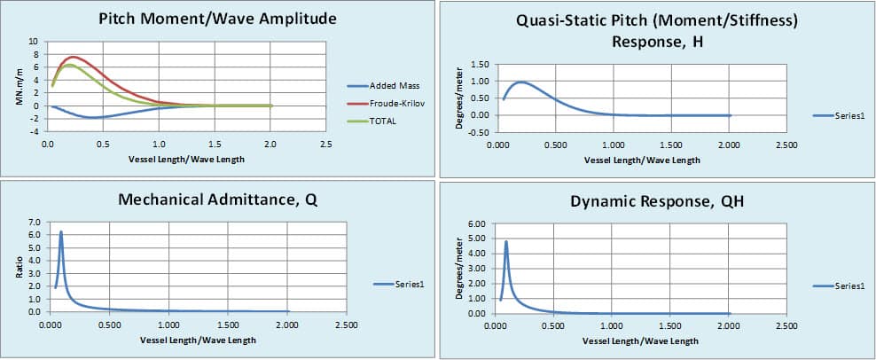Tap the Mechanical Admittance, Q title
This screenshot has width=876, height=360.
(x=218, y=200)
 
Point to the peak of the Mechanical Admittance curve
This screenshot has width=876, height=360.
(x=61, y=231)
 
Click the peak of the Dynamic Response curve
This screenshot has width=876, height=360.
(x=506, y=241)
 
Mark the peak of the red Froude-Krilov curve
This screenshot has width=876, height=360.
(x=73, y=57)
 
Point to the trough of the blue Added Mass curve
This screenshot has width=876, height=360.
(x=92, y=118)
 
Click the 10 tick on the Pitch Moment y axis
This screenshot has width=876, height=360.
(x=33, y=42)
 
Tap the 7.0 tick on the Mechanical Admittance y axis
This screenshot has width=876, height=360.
(x=33, y=221)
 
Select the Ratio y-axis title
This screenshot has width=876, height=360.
(x=19, y=267)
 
